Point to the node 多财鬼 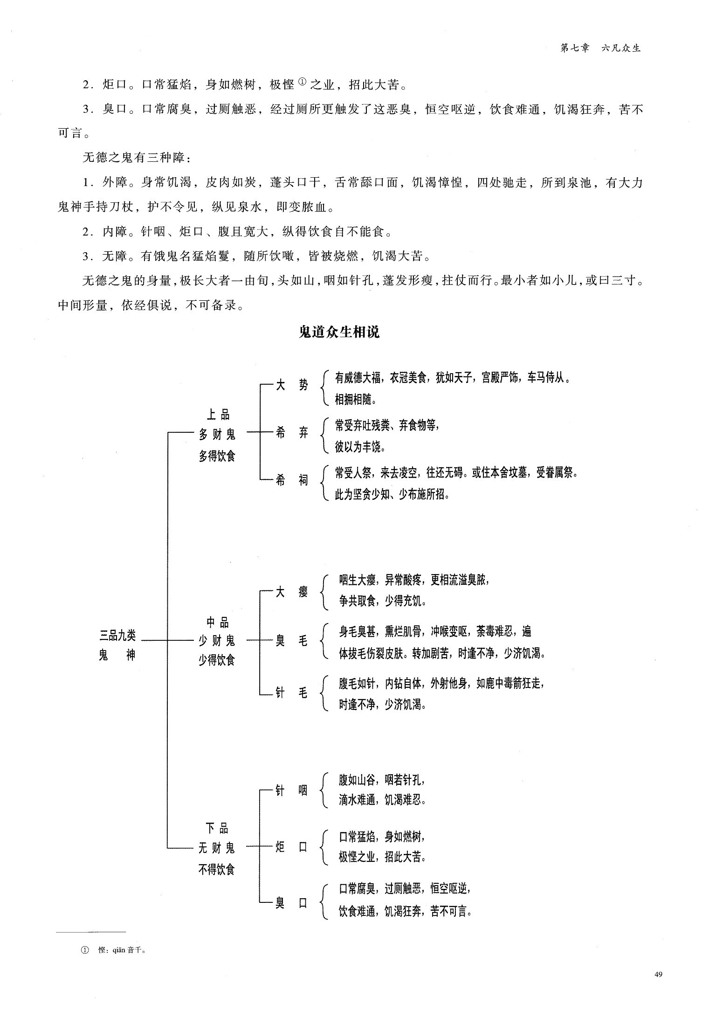click(217, 435)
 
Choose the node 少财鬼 click(217, 641)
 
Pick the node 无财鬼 click(217, 848)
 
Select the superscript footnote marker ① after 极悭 click(301, 82)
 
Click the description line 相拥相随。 click(356, 399)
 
